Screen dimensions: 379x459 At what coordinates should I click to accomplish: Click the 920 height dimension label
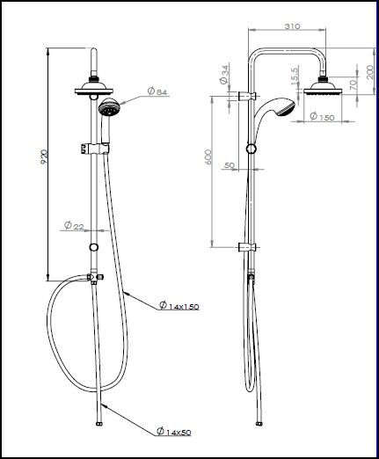coord(44,157)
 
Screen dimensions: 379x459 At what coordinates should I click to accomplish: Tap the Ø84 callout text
coord(157,91)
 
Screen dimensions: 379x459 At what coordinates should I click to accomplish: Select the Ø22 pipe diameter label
coord(74,226)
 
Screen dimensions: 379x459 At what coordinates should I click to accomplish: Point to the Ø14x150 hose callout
coord(179,306)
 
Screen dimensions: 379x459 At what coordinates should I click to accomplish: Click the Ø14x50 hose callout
coord(174,432)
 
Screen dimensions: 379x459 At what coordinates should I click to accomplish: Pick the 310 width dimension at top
coord(293,26)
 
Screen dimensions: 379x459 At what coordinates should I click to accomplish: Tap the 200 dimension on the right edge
coord(370,72)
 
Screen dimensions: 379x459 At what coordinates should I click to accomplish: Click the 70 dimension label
coord(353,84)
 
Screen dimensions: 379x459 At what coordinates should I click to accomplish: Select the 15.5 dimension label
coord(295,76)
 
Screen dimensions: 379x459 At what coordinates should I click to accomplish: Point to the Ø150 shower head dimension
coord(322,117)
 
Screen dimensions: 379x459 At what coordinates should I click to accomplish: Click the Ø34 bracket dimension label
coord(224,75)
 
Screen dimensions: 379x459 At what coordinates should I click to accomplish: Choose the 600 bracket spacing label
coord(208,157)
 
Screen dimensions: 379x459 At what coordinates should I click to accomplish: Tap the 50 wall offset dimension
coord(230,165)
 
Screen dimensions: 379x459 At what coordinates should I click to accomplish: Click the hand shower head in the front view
coord(108,108)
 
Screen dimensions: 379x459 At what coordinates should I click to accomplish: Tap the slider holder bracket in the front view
coord(94,149)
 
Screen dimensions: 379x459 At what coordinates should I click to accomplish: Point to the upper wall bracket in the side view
coord(247,96)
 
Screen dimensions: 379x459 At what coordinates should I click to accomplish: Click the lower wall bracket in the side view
coord(247,247)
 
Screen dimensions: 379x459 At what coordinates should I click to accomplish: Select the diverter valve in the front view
coord(94,278)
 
